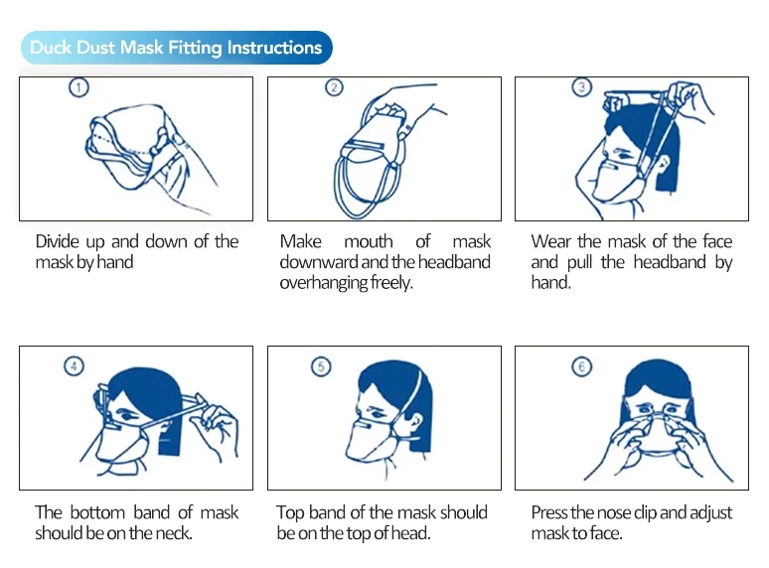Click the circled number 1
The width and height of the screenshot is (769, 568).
coord(78,87)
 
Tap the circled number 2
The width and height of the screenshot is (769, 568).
coord(334,87)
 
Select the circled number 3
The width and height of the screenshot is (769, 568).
coord(581,86)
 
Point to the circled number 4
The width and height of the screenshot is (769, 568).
coord(75,366)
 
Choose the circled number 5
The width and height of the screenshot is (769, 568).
coord(321,366)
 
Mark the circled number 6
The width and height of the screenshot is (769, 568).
coord(581,366)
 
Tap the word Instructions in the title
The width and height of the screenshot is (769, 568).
coord(274,48)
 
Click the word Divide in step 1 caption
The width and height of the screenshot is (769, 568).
coord(57,241)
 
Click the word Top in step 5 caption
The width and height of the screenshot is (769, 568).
coord(290,512)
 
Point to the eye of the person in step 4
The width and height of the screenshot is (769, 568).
coord(128,416)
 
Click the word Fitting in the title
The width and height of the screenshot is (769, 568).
coord(195,48)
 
